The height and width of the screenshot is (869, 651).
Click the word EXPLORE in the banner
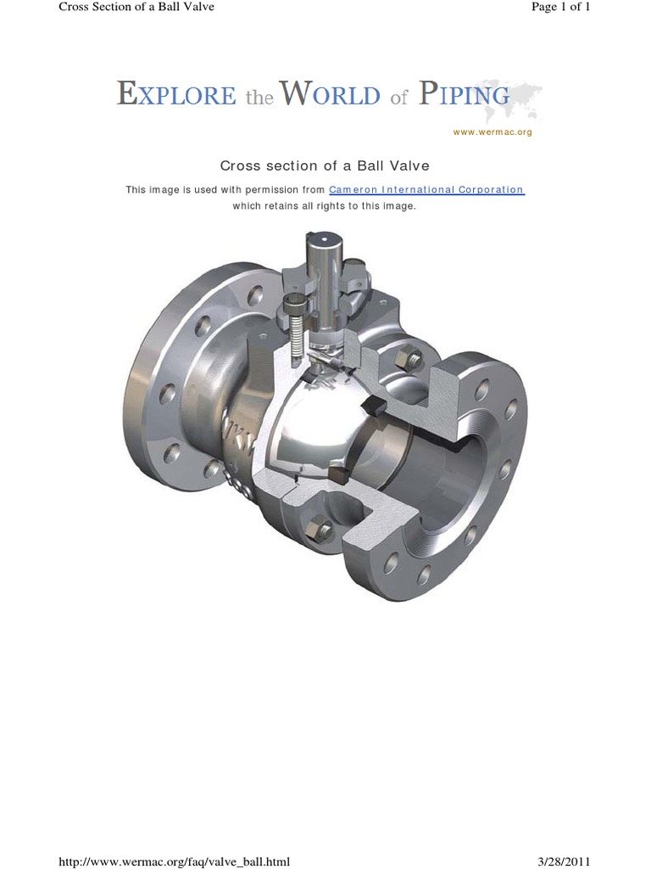pos(176,95)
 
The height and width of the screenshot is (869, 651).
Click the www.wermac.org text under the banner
pos(492,132)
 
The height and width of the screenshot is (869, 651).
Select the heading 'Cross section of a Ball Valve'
pos(325,165)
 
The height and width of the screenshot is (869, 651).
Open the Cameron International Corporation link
pos(426,190)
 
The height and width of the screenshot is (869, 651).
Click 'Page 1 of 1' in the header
pos(560,7)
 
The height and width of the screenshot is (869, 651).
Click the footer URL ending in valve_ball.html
pos(174,861)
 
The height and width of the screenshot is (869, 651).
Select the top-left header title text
pos(136,7)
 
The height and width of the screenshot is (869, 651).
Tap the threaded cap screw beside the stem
pos(296,327)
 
